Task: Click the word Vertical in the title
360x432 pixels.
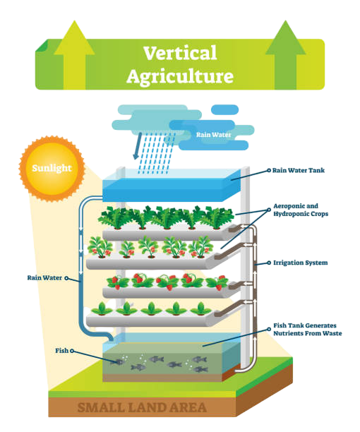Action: (180, 53)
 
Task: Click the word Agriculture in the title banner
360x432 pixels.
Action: (180, 76)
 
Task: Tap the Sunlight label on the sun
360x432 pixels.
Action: (52, 168)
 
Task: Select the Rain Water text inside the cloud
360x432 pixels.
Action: (214, 135)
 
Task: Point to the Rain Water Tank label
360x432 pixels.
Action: (299, 171)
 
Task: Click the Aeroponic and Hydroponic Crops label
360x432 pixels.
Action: (301, 210)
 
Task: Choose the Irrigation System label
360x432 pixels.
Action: (301, 263)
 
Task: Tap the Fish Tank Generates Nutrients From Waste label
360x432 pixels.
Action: (307, 330)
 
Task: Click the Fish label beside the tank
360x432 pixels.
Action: (61, 351)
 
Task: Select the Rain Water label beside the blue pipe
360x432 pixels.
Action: (44, 277)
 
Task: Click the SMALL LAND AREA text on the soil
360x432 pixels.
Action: (142, 408)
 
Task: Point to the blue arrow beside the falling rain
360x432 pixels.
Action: (137, 145)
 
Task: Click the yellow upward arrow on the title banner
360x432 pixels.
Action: (74, 55)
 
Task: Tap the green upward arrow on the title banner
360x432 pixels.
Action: (286, 55)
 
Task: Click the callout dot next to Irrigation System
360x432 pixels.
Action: (269, 263)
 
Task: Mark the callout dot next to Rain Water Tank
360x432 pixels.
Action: (268, 171)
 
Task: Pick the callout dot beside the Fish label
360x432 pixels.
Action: (72, 351)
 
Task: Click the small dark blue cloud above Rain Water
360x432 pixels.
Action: (224, 109)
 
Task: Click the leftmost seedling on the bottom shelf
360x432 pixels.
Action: (102, 309)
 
